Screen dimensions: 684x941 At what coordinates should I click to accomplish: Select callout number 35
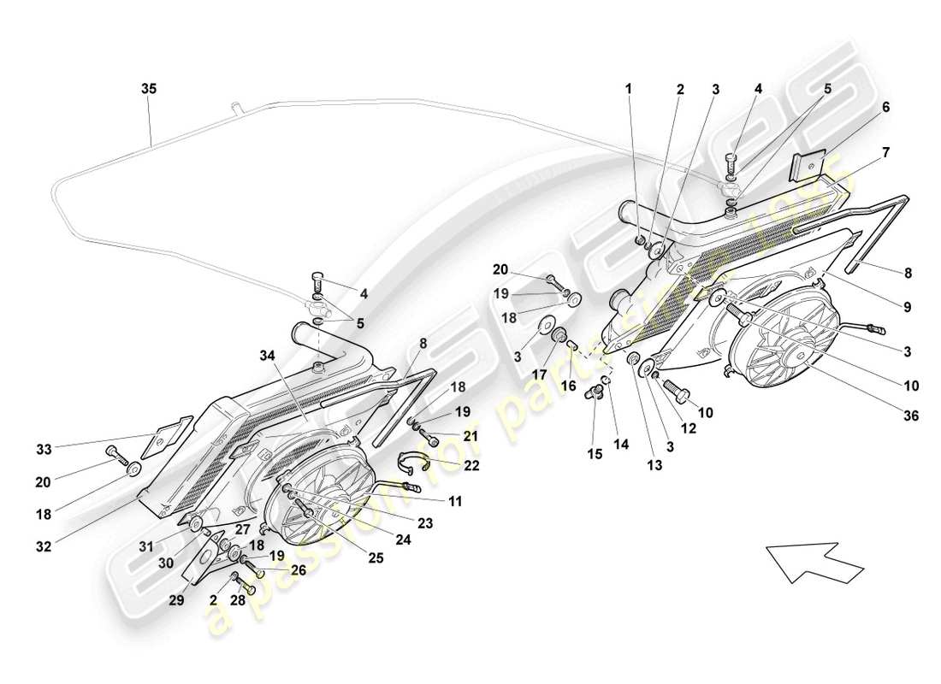[x=149, y=88]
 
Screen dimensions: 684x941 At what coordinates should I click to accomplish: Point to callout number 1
[x=630, y=88]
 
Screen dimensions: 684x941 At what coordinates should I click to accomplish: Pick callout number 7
[x=885, y=152]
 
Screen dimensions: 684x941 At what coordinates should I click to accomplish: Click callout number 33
[x=44, y=449]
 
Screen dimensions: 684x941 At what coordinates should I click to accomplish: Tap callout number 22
[x=470, y=466]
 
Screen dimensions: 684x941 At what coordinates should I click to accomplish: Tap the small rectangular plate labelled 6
[x=808, y=165]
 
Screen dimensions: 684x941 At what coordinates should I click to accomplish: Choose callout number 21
[x=470, y=436]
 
